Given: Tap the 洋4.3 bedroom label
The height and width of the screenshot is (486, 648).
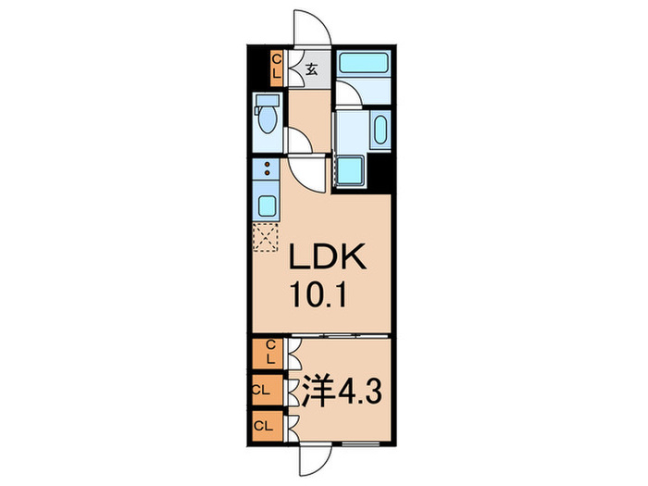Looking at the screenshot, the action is click(x=341, y=393).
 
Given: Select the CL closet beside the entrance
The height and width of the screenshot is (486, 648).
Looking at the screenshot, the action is click(x=277, y=67).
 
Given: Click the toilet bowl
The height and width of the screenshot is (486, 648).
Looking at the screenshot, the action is click(x=268, y=119).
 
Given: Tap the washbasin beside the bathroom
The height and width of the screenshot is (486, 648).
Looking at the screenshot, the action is click(x=380, y=131).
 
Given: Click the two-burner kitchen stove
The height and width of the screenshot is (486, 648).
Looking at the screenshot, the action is click(x=267, y=171).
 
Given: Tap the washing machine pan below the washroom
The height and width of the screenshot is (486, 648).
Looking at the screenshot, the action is click(x=351, y=171).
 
